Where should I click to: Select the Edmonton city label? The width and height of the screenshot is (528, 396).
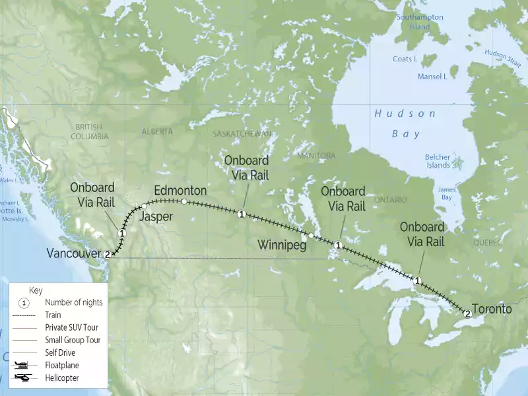point(180,190)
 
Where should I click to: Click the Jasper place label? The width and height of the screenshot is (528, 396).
point(157,216)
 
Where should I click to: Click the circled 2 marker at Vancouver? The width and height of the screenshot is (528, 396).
point(108,254)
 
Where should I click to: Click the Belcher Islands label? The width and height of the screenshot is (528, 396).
point(438,161)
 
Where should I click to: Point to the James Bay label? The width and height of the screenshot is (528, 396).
point(447,193)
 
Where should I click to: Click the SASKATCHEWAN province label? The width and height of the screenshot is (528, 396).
point(242,133)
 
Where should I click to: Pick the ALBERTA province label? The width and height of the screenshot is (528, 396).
point(157,131)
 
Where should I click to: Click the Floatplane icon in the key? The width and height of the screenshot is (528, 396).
point(23,364)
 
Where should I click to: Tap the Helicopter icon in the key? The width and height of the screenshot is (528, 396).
point(23,378)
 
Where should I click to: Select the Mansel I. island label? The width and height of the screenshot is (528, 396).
point(432,77)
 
